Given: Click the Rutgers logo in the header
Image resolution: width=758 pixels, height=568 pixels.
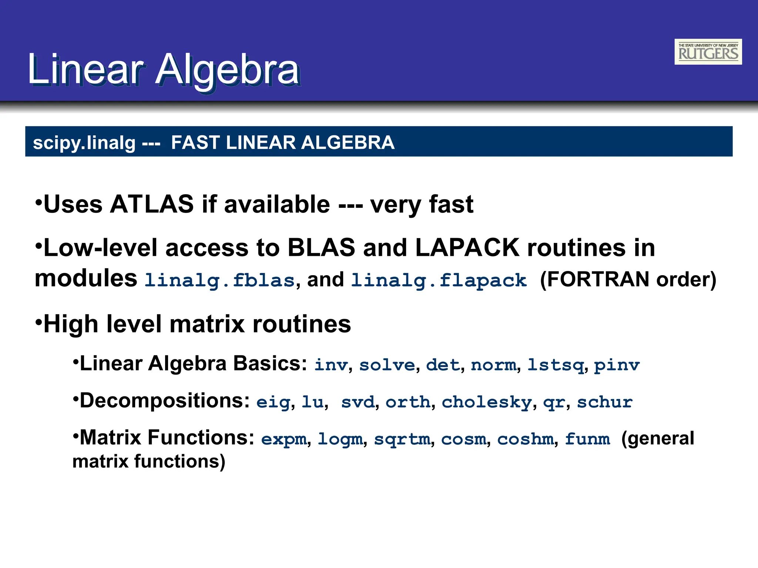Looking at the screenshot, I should tap(708, 52).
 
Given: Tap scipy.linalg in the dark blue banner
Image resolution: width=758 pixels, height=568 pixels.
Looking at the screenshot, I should tap(84, 143).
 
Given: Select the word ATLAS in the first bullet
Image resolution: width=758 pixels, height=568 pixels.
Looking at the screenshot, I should tap(152, 204).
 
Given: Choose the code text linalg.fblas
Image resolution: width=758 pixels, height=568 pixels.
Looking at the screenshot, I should tap(219, 280).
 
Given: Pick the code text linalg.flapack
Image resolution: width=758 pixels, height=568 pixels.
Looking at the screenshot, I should tap(439, 280).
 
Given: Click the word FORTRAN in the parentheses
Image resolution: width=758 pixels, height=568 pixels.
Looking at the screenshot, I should tap(598, 279).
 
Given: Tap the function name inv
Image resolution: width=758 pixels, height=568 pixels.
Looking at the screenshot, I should tap(331, 365).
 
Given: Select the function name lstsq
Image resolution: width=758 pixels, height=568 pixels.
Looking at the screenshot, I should tap(556, 365).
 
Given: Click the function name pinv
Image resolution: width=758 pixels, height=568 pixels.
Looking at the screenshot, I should tap(617, 365).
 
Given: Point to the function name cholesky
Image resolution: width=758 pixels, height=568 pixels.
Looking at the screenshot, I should tap(487, 402).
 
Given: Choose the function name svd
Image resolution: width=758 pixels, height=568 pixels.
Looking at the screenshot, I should tap(358, 402).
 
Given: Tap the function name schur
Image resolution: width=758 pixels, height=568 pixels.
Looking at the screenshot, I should tap(605, 402).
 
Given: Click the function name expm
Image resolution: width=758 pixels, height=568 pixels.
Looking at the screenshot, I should tap(284, 439).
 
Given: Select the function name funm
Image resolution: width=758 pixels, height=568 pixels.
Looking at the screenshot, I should tap(587, 439).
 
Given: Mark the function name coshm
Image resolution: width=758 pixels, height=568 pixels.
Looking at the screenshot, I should tap(525, 439).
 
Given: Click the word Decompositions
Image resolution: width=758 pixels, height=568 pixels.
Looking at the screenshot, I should tap(165, 400).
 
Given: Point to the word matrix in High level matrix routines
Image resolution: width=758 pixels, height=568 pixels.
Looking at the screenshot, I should tap(207, 324).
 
